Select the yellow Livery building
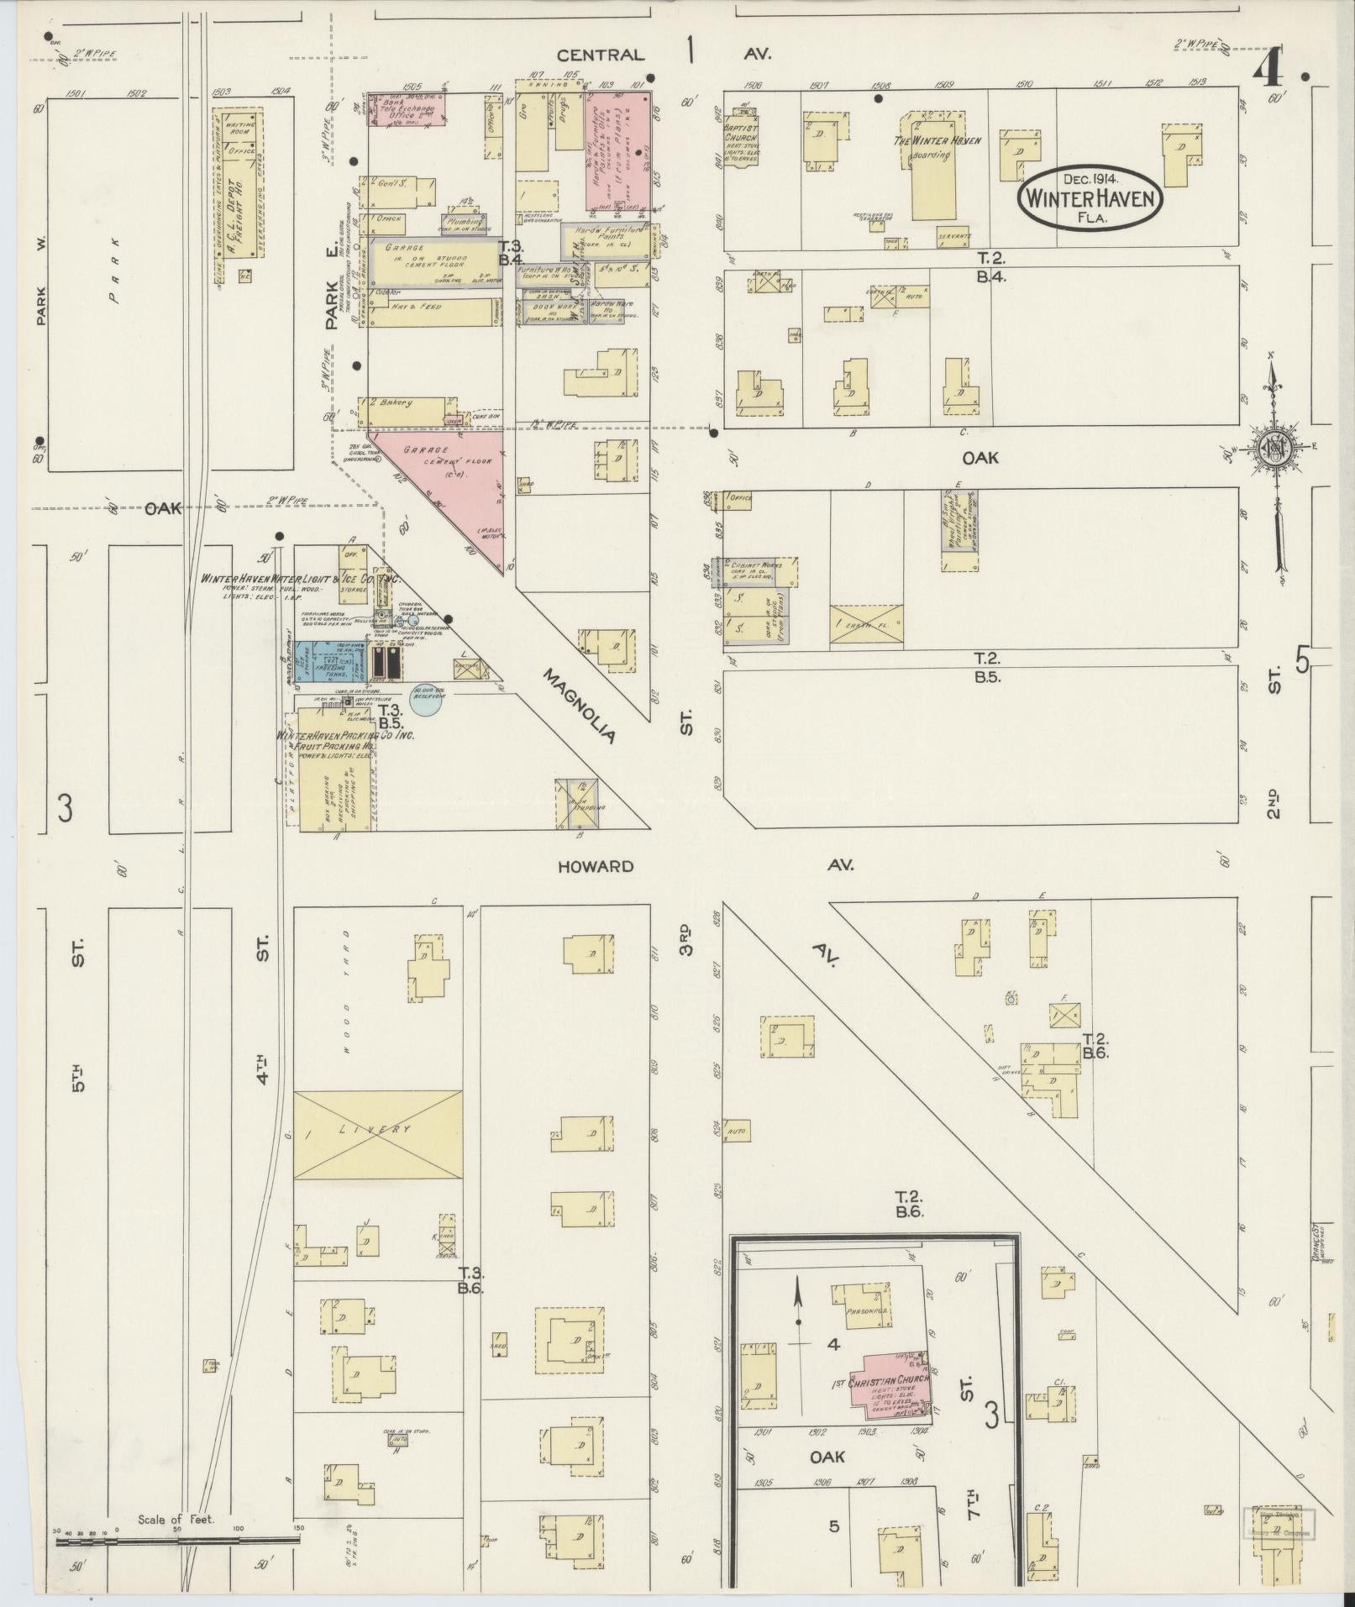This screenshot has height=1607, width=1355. click(x=378, y=1130)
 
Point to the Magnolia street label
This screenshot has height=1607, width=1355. click(x=579, y=706)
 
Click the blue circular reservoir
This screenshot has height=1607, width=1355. click(x=427, y=698)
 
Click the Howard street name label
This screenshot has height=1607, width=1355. click(x=596, y=866)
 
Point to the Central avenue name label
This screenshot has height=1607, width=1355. click(x=601, y=55)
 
